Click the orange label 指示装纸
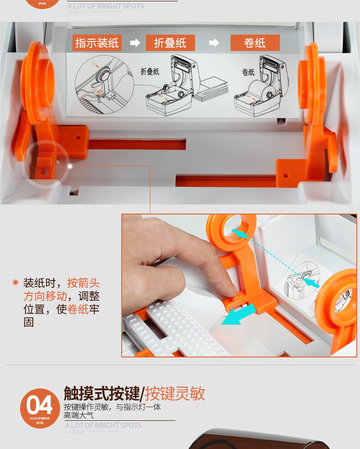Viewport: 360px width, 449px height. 97,43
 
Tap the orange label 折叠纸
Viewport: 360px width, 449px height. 170,43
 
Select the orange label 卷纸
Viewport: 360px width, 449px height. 255,43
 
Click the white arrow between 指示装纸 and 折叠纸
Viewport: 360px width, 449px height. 135,43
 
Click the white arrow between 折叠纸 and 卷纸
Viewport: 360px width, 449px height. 214,43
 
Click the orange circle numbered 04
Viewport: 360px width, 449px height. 40,408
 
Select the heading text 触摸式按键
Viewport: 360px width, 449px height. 102,393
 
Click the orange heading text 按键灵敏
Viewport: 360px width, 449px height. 175,393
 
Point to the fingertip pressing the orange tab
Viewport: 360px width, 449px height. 232,288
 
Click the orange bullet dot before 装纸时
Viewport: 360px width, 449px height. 15,283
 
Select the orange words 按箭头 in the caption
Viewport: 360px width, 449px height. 83,283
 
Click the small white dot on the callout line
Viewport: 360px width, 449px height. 70,166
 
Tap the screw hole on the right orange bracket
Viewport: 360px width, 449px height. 286,175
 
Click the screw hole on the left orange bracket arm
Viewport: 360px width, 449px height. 78,136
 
